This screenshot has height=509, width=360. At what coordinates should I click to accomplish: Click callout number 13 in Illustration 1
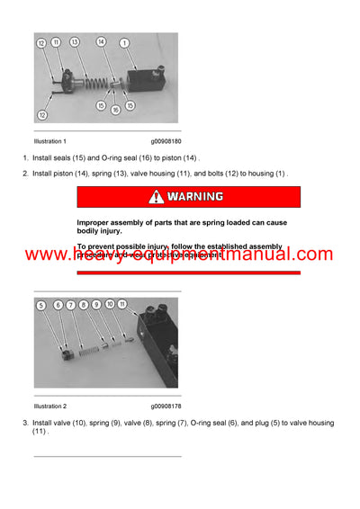click(x=74, y=42)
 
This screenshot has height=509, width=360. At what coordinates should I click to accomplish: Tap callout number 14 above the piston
click(x=102, y=42)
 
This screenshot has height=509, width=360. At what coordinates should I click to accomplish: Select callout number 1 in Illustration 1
click(x=124, y=42)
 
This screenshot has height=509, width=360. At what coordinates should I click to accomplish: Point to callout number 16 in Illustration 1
click(x=115, y=110)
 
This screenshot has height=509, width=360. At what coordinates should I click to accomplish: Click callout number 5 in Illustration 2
click(x=41, y=307)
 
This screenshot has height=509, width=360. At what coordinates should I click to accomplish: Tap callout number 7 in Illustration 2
click(x=70, y=307)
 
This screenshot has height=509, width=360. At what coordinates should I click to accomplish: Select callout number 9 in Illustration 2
click(x=96, y=307)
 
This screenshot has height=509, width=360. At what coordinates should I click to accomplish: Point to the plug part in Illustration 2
click(x=67, y=354)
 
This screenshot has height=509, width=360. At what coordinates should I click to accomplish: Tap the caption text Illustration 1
click(x=49, y=141)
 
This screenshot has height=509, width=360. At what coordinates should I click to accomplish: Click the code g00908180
click(x=166, y=141)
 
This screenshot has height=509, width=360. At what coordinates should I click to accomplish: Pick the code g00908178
click(x=166, y=406)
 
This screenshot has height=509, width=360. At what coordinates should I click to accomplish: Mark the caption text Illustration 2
click(x=49, y=406)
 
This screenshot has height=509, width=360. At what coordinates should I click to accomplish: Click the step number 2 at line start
click(x=25, y=174)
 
